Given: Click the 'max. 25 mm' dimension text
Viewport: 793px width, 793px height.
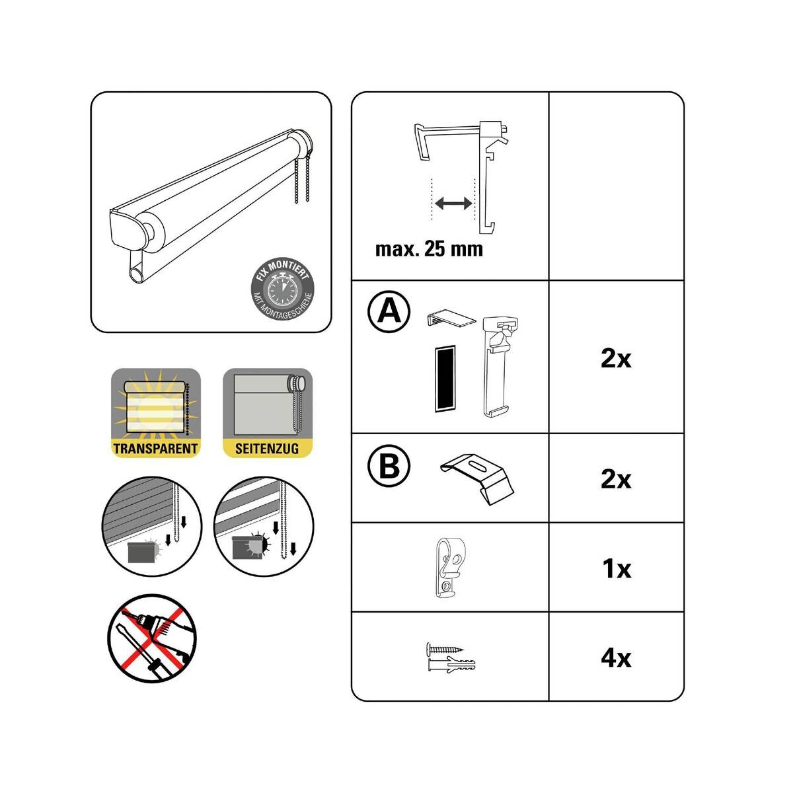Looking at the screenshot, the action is [x=429, y=249].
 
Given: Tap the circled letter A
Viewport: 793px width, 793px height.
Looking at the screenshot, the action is [x=389, y=312].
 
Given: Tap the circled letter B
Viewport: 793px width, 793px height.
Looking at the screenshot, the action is [x=389, y=467].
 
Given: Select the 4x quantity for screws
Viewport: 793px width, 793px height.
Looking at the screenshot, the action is [x=616, y=658].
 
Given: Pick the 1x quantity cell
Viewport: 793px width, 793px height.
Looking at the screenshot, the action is [x=617, y=569].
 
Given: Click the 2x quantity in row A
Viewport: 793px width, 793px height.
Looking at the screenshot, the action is [x=616, y=359].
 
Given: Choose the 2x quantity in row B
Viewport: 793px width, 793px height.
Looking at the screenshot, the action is [x=616, y=479].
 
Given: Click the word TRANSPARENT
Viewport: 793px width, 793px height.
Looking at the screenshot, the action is [x=155, y=449].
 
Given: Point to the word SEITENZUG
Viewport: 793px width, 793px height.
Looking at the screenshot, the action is [x=267, y=449].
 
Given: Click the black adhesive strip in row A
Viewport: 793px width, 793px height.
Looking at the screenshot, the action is [x=445, y=378].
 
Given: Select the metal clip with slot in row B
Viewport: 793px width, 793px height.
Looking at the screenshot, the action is [x=477, y=479].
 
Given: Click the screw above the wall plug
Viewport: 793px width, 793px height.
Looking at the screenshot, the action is [x=445, y=649].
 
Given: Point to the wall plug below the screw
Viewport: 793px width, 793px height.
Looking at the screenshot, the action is [x=451, y=663].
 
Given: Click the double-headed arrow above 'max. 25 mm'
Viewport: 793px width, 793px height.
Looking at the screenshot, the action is [x=453, y=203].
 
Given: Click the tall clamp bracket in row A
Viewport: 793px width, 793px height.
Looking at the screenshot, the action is [x=499, y=367].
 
